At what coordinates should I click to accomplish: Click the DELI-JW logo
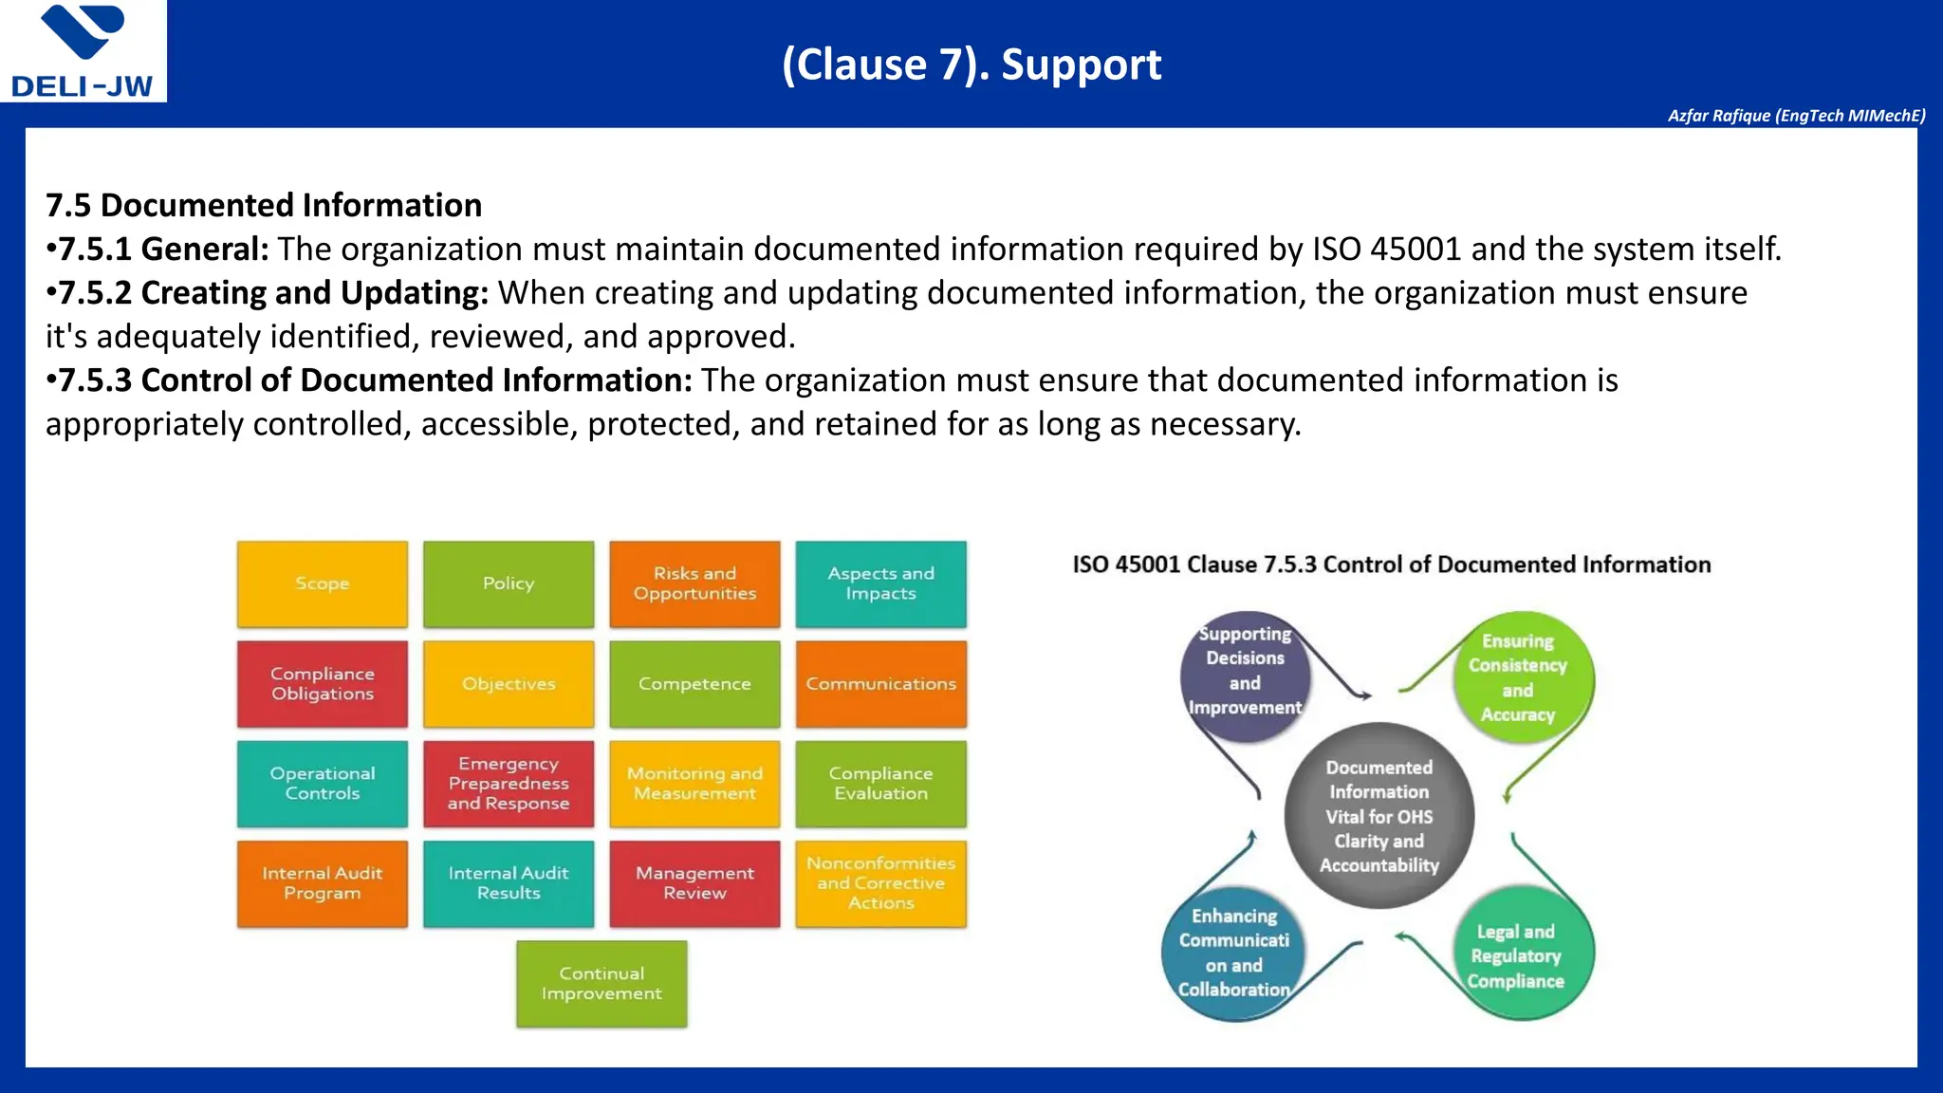point(83,51)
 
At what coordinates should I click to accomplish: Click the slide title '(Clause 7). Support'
point(971,65)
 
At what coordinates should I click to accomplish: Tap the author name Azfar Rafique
point(1796,116)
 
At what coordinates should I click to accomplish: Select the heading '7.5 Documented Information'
point(264,205)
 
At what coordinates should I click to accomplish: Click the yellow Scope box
point(323,584)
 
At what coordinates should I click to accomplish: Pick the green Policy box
point(509,584)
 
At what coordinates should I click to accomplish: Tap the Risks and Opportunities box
point(694,584)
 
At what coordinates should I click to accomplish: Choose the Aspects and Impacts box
point(880,584)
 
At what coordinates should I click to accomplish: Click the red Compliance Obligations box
point(323,684)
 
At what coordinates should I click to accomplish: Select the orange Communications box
point(880,684)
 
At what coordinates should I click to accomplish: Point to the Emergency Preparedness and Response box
point(509,784)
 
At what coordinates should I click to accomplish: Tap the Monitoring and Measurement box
point(694,784)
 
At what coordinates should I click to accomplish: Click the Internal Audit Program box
point(323,883)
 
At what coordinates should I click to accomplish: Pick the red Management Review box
point(694,883)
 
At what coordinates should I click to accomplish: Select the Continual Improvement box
point(601,984)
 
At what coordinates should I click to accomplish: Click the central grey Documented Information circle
point(1379,816)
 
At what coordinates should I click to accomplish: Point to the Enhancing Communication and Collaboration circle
point(1233,953)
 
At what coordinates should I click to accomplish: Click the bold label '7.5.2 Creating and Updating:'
point(272,293)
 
